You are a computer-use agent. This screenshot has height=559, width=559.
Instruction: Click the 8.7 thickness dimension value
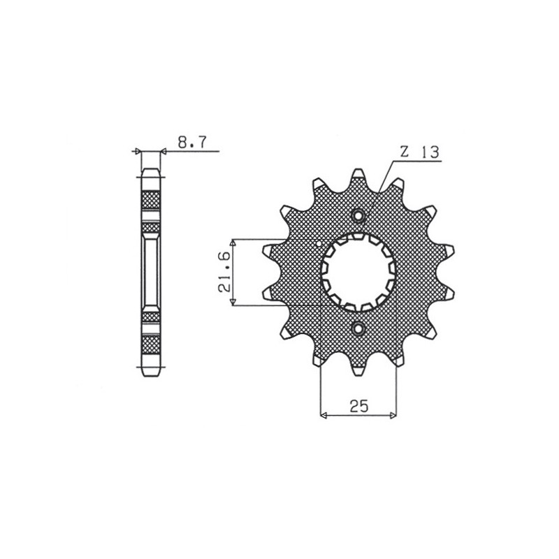191,143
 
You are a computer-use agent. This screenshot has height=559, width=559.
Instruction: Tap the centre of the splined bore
358,272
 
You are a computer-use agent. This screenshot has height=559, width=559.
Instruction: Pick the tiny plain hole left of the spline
320,245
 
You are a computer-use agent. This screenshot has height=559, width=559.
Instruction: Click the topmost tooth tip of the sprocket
358,173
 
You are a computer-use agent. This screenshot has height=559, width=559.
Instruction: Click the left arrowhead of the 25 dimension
324,416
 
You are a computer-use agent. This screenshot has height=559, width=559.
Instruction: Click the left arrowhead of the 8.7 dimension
138,150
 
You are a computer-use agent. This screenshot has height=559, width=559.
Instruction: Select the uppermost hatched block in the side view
151,201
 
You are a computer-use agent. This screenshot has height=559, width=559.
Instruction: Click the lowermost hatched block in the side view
151,344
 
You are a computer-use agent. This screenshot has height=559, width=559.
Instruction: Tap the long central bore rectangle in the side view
151,272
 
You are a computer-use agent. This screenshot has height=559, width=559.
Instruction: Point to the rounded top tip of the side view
151,170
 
